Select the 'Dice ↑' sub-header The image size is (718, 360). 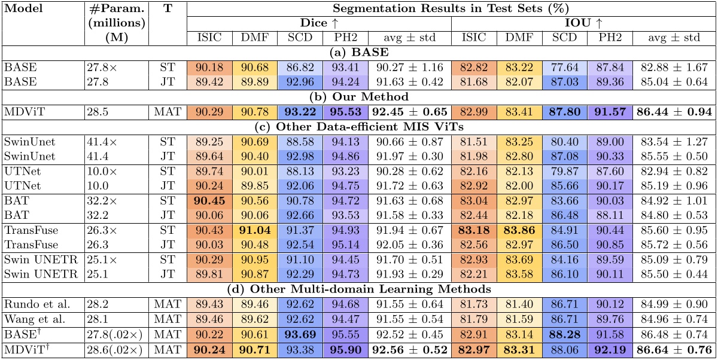pos(318,24)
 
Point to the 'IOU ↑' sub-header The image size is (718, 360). pos(582,24)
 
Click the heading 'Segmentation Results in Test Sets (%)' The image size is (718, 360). pos(451,10)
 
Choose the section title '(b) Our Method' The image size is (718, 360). pos(358,96)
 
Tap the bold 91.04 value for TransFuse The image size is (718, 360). pos(255,231)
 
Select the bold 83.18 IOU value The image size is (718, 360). pos(473,231)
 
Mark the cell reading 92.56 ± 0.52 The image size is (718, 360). pos(409,349)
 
